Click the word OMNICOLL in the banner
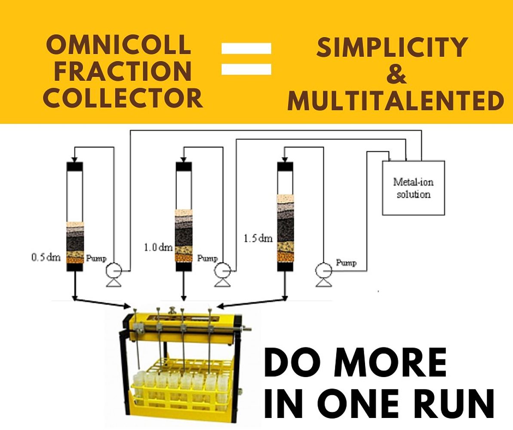118,45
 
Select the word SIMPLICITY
392,47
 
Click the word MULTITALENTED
395,101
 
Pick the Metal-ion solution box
413,188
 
